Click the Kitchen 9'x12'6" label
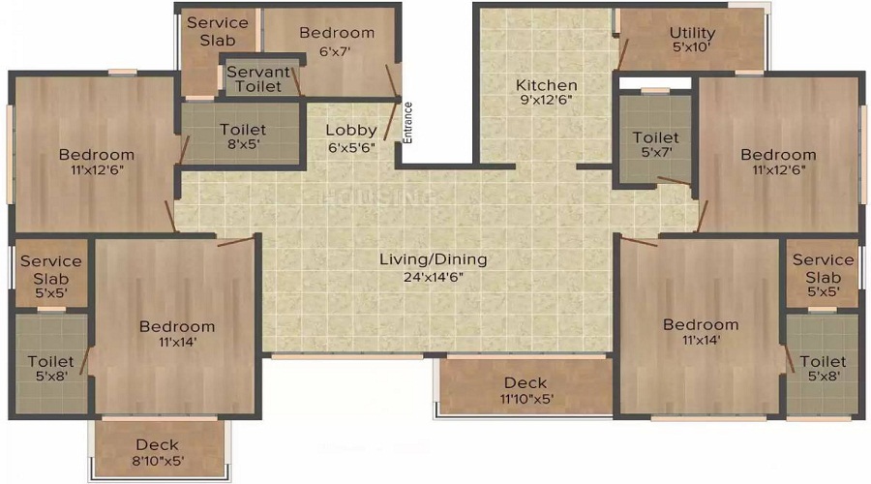click(546, 93)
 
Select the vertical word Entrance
click(408, 123)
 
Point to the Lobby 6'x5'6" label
click(350, 138)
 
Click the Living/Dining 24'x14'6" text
click(434, 267)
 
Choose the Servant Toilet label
click(258, 79)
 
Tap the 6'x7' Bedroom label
click(336, 41)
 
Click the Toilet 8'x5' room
click(242, 136)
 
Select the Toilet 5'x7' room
click(655, 145)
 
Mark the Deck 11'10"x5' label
click(526, 390)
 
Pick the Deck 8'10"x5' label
click(158, 452)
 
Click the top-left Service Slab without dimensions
click(217, 31)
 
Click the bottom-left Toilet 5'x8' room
click(50, 369)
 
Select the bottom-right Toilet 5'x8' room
click(823, 369)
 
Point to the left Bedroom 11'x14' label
click(176, 334)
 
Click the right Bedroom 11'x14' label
click(700, 332)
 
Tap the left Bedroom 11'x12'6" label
click(96, 162)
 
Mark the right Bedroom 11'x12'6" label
click(778, 162)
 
